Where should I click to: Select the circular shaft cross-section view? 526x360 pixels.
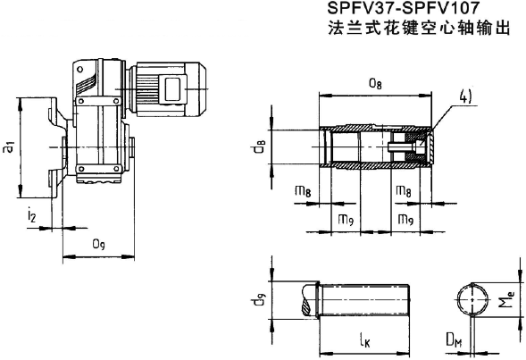(x=474, y=299)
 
